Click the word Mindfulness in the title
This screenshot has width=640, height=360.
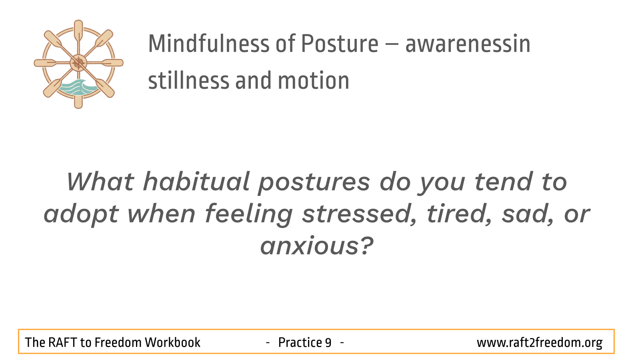(x=209, y=44)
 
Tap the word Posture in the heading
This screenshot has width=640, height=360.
(x=340, y=44)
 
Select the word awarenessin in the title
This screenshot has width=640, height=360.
(x=468, y=44)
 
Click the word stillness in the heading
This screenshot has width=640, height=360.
(x=188, y=80)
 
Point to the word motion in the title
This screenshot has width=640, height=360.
(x=314, y=81)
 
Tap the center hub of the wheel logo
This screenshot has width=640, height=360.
(x=78, y=63)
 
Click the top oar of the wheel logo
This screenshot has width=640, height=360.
(x=78, y=33)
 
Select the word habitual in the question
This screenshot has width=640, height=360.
(x=196, y=181)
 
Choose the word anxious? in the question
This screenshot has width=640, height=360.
(x=317, y=246)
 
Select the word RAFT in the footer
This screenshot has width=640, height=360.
(x=62, y=342)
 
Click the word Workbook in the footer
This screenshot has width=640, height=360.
(x=172, y=342)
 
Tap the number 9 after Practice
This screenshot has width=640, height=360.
(x=328, y=342)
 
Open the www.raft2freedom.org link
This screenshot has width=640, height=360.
(x=540, y=343)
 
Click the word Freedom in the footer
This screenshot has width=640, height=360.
(x=118, y=342)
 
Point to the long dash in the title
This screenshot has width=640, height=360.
(x=392, y=45)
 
